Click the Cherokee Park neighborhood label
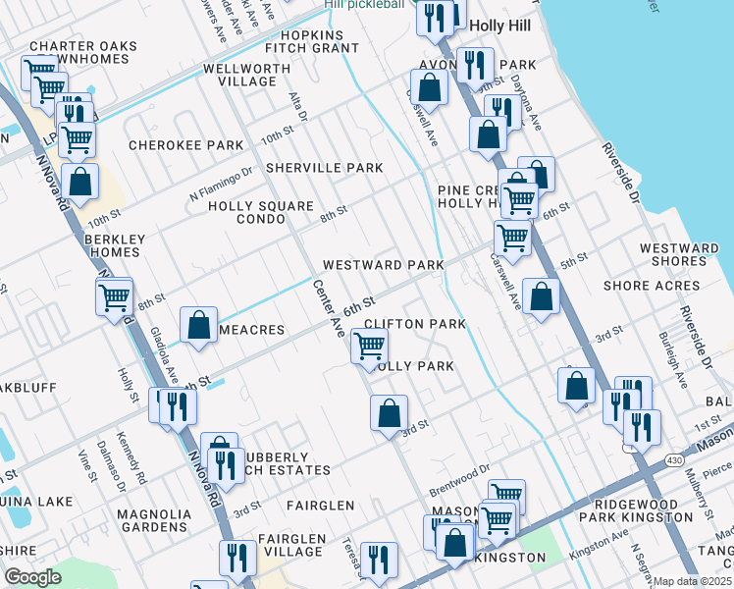[x=185, y=145]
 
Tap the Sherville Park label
[x=324, y=168]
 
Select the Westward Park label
[x=377, y=266]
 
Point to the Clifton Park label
[x=414, y=324]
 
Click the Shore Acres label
[x=652, y=287]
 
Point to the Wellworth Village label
[x=246, y=75]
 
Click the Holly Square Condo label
[x=261, y=213]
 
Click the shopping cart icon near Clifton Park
[x=369, y=347]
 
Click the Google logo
[x=32, y=577]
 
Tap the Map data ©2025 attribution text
[x=692, y=581]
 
